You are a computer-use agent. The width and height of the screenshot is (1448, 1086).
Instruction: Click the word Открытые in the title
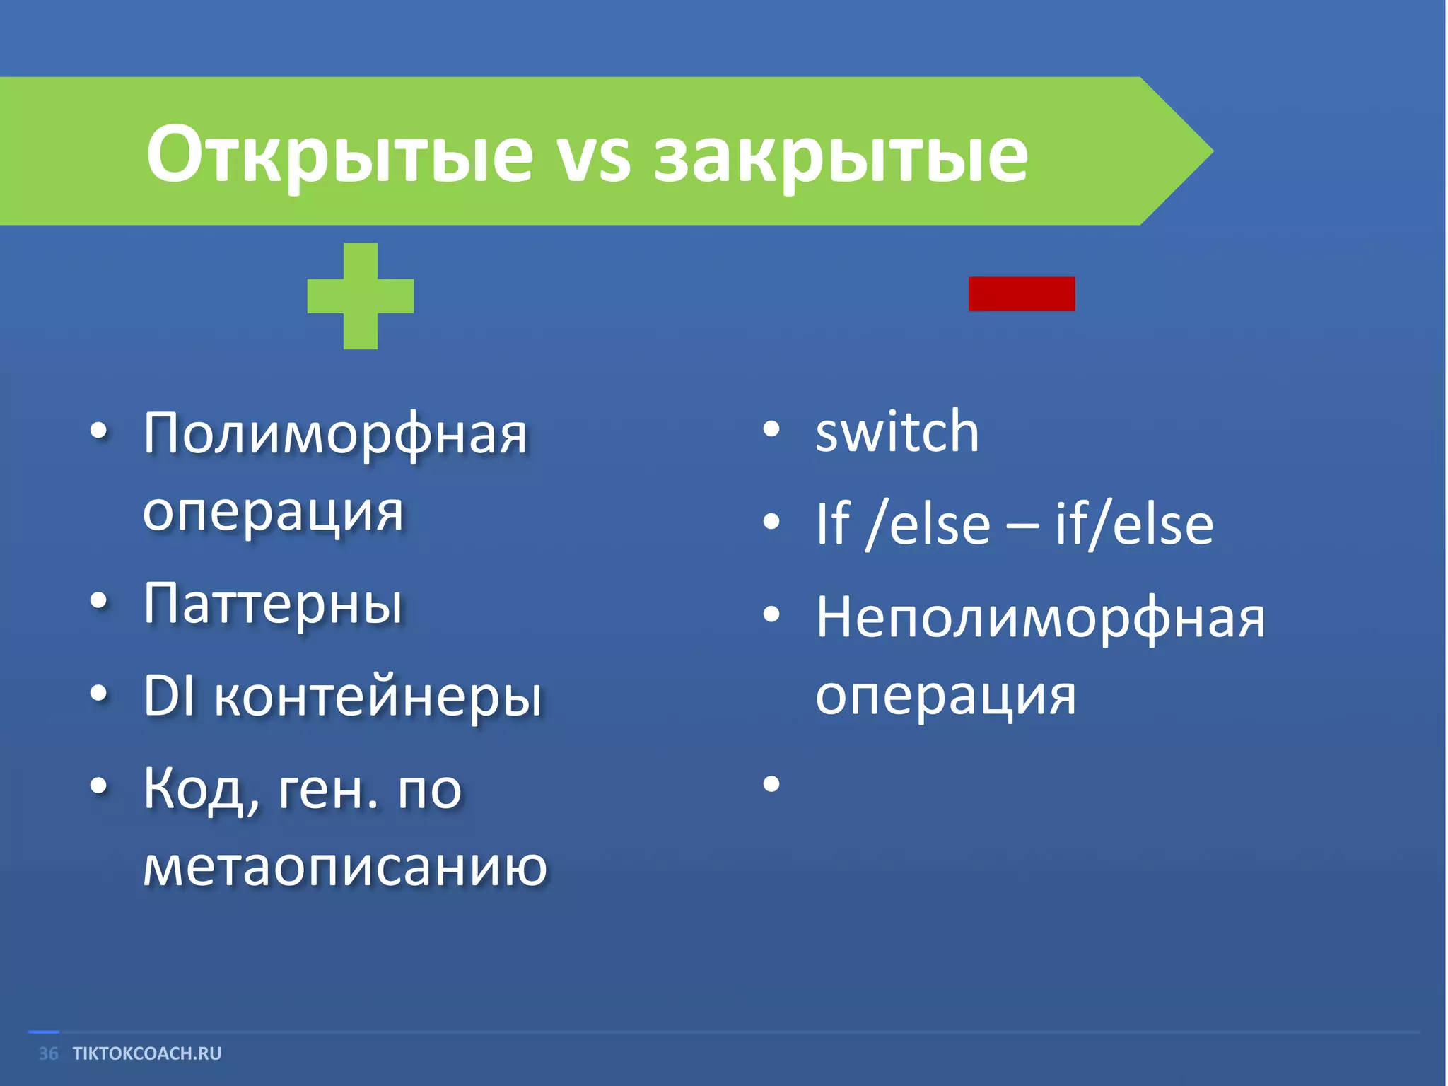click(339, 154)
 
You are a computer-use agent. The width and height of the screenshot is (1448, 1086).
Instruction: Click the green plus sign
click(361, 296)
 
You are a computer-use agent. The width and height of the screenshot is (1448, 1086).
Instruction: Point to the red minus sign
click(1022, 293)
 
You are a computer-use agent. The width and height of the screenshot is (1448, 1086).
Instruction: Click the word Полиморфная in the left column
click(336, 435)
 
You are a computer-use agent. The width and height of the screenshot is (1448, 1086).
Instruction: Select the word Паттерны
click(274, 605)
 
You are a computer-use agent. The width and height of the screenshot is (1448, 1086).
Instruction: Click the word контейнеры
click(378, 698)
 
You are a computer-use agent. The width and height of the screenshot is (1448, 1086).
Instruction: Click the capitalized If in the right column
click(833, 525)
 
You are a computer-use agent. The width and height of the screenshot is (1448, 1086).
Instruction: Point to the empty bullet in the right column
click(771, 783)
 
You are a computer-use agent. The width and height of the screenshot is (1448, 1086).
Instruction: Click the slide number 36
click(48, 1053)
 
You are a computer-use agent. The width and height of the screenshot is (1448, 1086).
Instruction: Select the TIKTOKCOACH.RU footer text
click(147, 1053)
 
